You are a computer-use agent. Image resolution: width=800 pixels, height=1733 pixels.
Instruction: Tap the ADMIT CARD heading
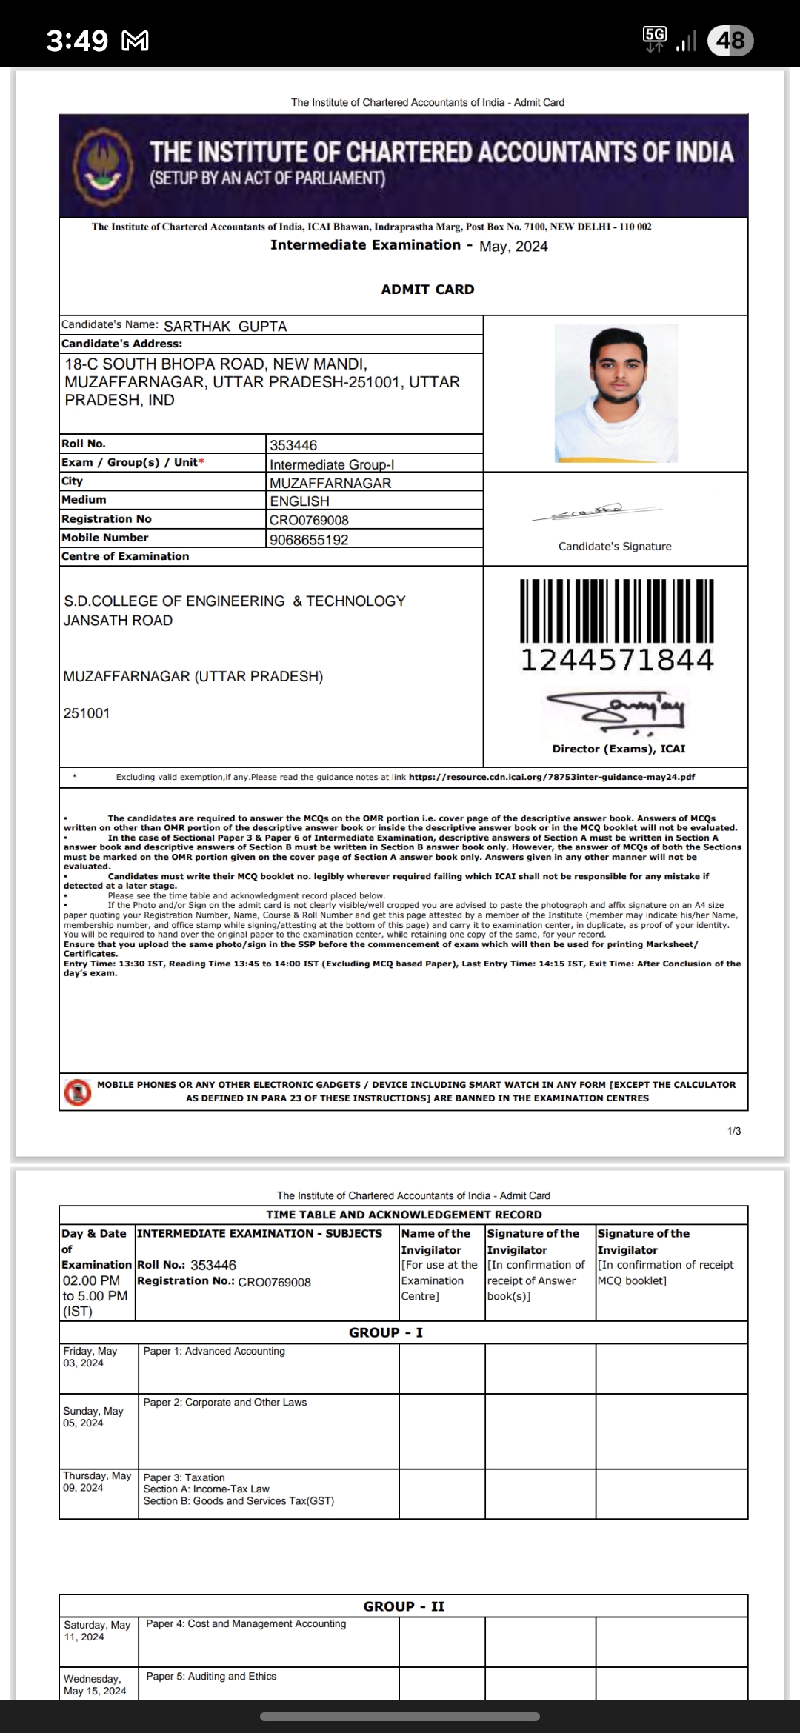[427, 290]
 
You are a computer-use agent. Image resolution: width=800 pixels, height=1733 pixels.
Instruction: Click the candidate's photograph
[616, 393]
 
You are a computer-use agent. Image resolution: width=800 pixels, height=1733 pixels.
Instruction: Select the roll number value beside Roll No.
[293, 445]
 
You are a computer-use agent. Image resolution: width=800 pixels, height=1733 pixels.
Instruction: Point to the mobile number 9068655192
[309, 540]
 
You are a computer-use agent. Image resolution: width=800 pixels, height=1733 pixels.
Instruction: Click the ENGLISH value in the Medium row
[299, 501]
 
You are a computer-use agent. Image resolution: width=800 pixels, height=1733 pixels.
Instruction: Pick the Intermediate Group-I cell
[332, 464]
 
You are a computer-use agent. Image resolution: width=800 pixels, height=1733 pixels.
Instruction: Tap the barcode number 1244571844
[617, 660]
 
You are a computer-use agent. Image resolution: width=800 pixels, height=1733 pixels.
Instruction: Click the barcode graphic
[617, 611]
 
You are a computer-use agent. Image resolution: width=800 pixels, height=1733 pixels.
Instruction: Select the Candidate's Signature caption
[615, 547]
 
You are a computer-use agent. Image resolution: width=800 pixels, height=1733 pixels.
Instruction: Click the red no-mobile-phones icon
[78, 1092]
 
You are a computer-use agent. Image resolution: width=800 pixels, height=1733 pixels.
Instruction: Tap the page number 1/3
[734, 1131]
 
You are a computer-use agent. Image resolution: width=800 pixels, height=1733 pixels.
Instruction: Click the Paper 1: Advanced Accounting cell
[214, 1351]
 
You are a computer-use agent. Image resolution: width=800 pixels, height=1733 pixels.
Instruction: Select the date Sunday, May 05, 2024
[93, 1417]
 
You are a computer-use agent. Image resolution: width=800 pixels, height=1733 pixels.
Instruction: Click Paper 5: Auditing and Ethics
[211, 1676]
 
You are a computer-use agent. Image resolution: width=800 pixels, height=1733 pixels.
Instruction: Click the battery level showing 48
[730, 40]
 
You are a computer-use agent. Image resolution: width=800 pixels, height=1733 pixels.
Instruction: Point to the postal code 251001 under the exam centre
[87, 714]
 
